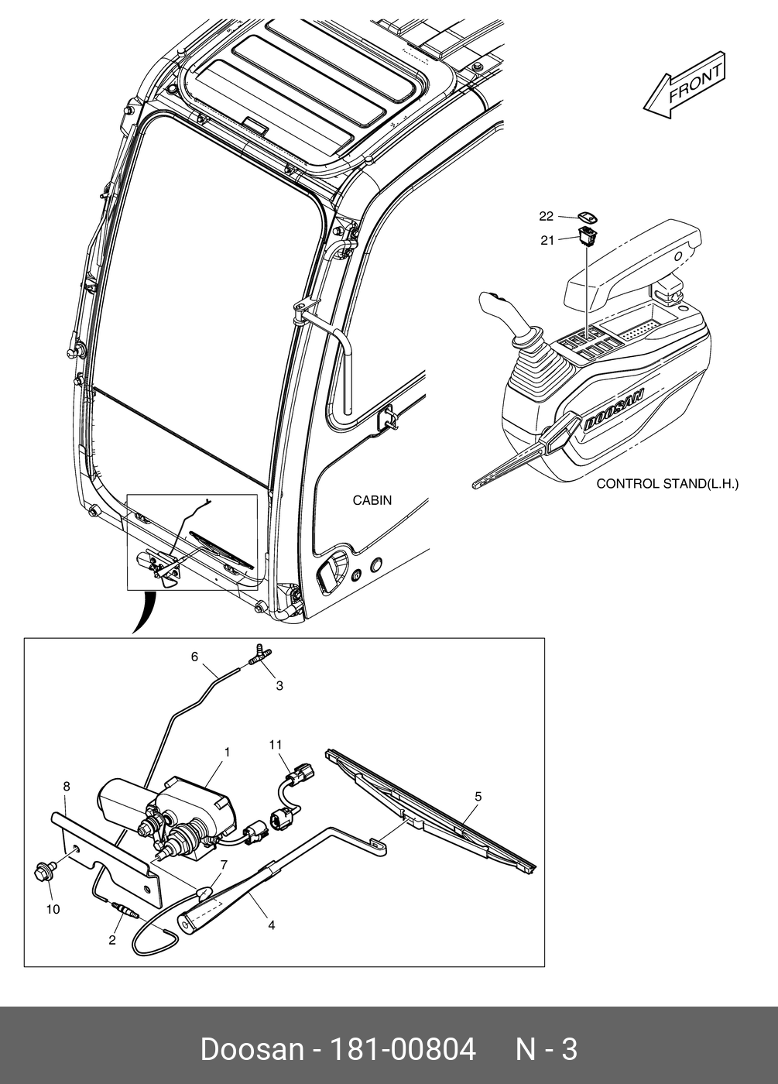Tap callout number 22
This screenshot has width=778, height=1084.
click(547, 216)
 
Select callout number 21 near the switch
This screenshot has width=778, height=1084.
click(547, 241)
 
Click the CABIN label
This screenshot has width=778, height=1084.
click(372, 500)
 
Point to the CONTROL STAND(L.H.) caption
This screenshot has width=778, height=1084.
click(667, 484)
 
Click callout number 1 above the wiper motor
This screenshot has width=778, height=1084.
click(228, 752)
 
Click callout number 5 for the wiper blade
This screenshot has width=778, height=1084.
click(478, 796)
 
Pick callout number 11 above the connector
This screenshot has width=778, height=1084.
click(276, 745)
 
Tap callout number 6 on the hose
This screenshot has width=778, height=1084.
click(195, 657)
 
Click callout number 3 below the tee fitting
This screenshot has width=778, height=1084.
click(279, 685)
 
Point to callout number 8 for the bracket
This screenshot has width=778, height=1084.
click(67, 786)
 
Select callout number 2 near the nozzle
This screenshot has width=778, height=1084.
click(112, 940)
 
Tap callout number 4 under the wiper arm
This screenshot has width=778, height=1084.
click(271, 924)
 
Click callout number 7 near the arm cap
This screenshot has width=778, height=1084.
click(224, 864)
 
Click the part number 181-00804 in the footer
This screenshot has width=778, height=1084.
click(403, 1050)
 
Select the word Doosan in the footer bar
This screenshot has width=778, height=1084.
click(252, 1050)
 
